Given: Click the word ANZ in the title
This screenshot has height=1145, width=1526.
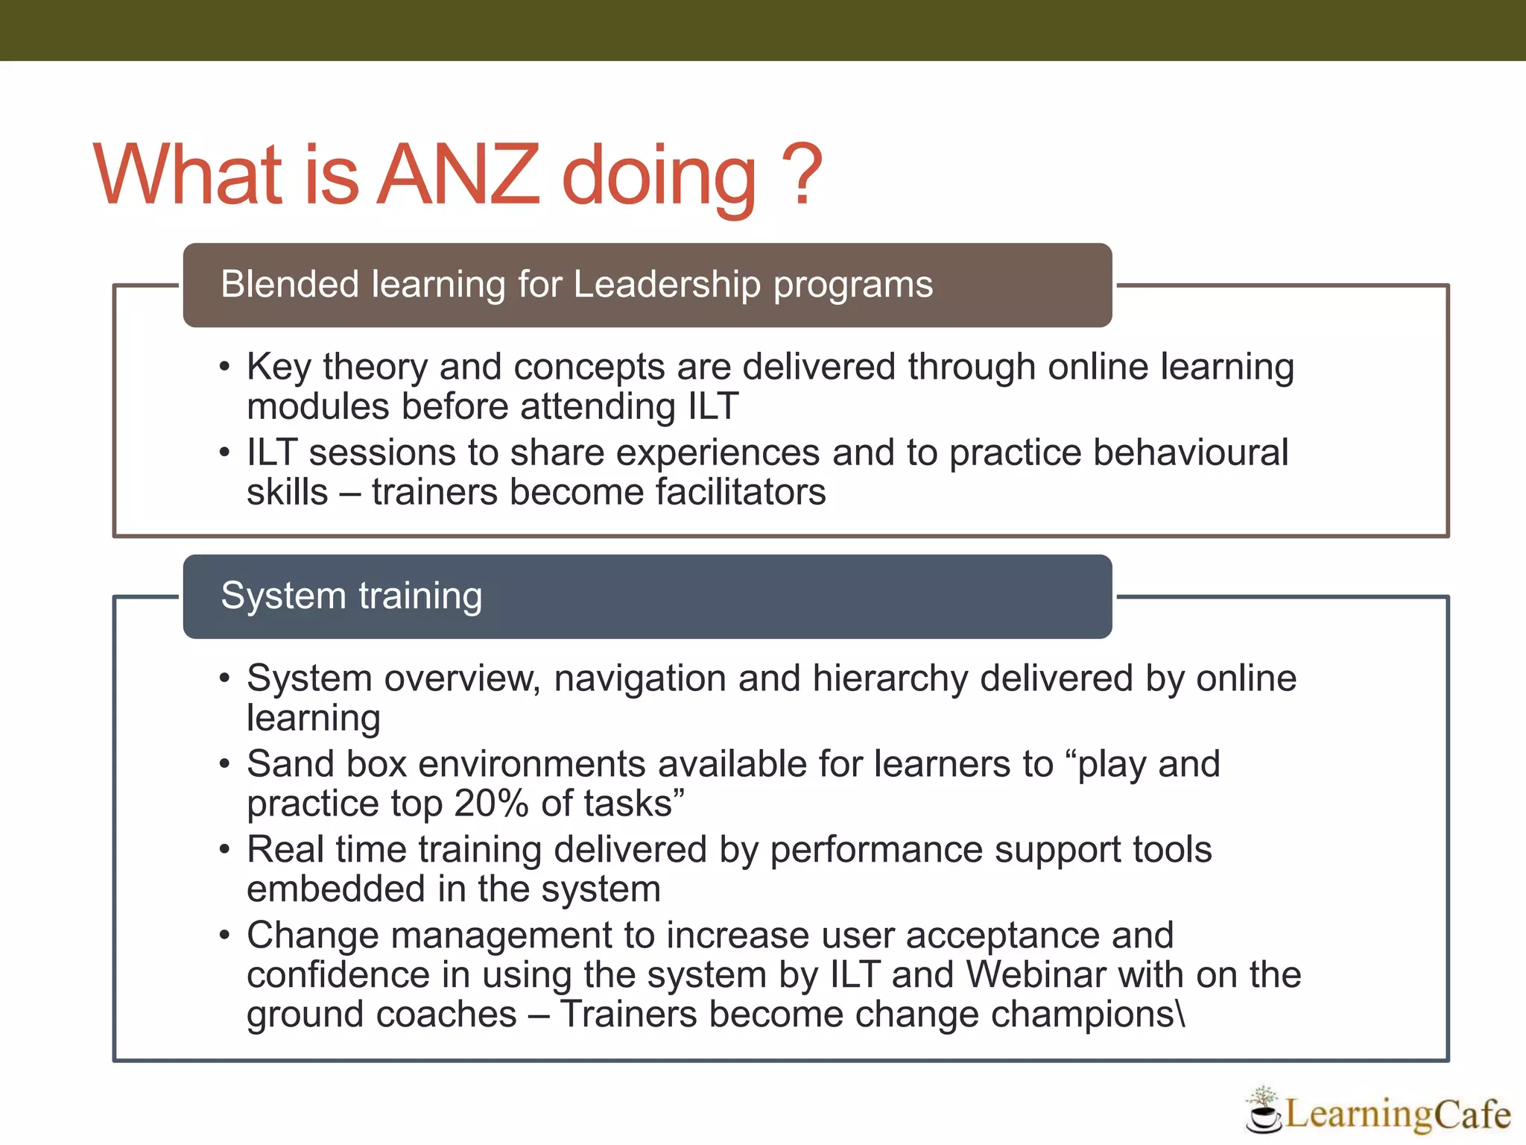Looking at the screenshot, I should click(458, 175).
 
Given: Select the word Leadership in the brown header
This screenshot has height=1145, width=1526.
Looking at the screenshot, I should click(666, 285).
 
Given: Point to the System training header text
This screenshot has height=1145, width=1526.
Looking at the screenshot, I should click(352, 596).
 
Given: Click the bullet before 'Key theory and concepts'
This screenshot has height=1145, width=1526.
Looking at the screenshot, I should click(225, 368).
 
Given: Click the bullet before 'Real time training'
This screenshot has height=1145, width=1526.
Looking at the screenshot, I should click(225, 851).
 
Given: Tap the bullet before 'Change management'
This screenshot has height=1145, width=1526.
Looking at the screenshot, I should click(225, 936).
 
